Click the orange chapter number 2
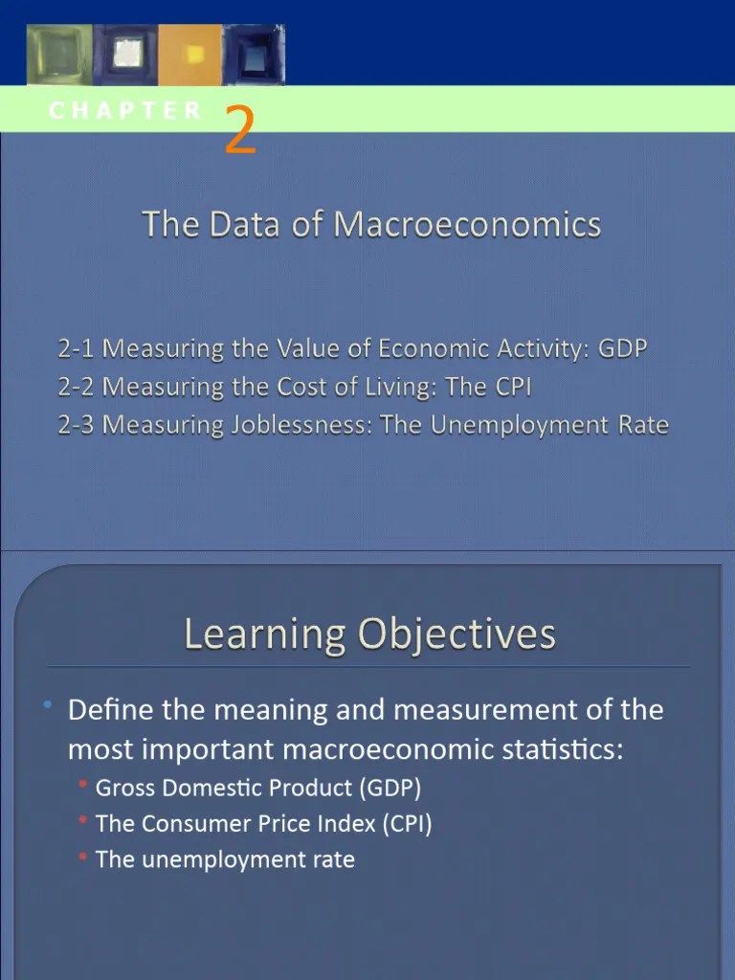241,132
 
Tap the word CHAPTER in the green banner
125,110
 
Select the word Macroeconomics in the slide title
467,225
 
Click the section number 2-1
77,348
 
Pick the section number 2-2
77,387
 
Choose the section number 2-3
77,425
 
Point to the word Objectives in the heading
457,634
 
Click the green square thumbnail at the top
59,55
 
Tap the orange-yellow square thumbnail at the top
189,55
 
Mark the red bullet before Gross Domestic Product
84,786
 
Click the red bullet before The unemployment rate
84,857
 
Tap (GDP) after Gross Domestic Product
390,788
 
